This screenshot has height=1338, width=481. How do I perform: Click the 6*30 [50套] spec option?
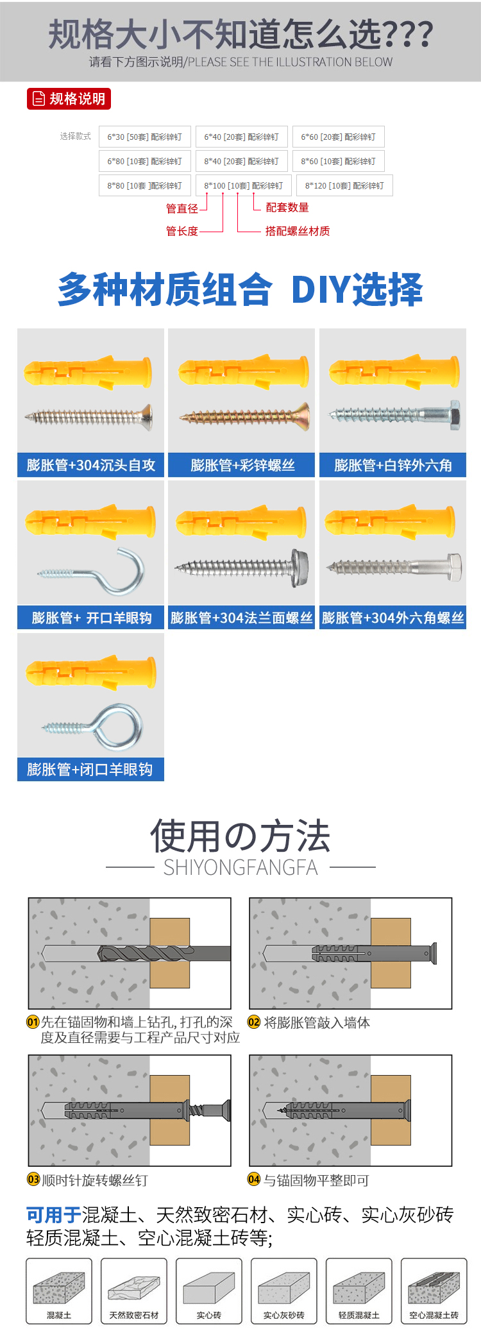click(x=145, y=137)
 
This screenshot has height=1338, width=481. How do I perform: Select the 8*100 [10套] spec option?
click(x=244, y=185)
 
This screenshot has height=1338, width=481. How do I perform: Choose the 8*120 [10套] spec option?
click(x=344, y=185)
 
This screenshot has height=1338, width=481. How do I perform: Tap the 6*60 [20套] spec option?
click(x=339, y=137)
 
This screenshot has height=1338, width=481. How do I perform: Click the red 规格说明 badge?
click(x=69, y=99)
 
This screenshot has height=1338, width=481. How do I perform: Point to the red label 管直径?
click(x=182, y=208)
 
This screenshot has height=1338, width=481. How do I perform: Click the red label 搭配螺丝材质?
click(x=298, y=231)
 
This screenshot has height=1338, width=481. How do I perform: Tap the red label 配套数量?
click(x=287, y=207)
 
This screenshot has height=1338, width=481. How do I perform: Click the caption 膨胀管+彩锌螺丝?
click(x=242, y=465)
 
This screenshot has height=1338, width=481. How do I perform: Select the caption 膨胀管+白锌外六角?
click(x=393, y=465)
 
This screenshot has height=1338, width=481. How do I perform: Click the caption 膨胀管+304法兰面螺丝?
click(x=241, y=618)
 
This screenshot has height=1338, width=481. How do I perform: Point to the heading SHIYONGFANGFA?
click(x=240, y=867)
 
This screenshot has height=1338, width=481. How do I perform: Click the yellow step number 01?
click(x=33, y=1022)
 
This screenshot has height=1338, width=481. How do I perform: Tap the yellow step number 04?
click(x=254, y=1179)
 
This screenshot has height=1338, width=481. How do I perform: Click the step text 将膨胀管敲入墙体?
click(x=317, y=1022)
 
